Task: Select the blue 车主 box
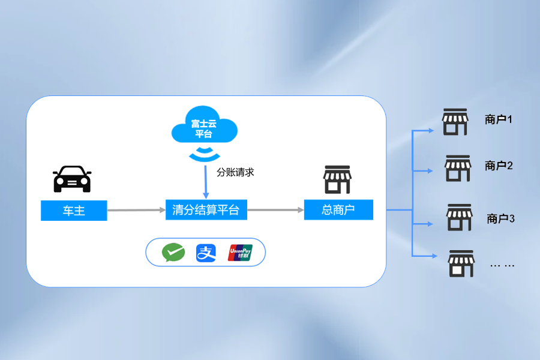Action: [x=74, y=211]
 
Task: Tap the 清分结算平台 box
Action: [x=206, y=210]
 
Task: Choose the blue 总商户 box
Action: [x=338, y=210]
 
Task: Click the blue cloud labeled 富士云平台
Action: [x=204, y=128]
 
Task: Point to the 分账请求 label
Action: [x=236, y=172]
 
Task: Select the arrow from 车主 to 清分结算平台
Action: [x=136, y=210]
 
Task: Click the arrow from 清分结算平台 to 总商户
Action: [x=275, y=210]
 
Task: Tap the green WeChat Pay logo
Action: [x=173, y=253]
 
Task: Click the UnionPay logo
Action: [x=240, y=253]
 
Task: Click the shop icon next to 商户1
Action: [x=455, y=122]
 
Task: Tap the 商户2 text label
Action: [x=499, y=166]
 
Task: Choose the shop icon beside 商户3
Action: [x=460, y=217]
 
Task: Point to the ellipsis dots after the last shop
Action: [x=502, y=265]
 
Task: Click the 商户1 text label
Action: [x=499, y=119]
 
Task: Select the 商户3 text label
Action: [x=501, y=218]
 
